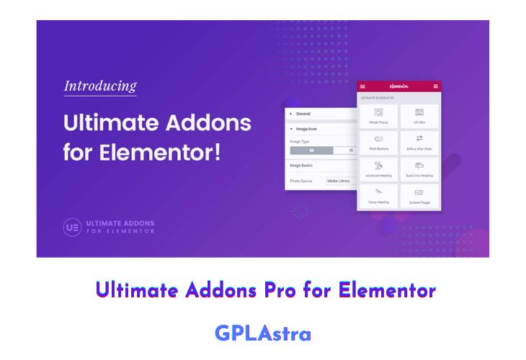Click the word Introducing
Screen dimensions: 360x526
(100, 86)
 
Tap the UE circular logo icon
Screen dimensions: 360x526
(72, 228)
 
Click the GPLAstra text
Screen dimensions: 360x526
(263, 333)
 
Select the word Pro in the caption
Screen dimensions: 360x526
(288, 290)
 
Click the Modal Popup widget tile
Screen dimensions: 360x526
(378, 115)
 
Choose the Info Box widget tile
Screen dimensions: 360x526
(419, 115)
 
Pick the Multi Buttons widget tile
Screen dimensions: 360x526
(378, 142)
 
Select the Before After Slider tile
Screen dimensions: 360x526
(419, 142)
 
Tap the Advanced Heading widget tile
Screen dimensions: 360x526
(378, 169)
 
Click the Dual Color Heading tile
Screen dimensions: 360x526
(419, 169)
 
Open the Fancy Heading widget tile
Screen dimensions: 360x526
(378, 196)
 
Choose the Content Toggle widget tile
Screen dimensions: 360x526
(419, 196)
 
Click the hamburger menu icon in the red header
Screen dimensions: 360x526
(362, 86)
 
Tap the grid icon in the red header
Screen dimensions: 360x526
(436, 86)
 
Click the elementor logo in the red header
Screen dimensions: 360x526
(398, 86)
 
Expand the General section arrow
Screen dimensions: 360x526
(290, 114)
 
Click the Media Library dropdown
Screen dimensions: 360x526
(340, 181)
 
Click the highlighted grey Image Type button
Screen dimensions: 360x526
(311, 150)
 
